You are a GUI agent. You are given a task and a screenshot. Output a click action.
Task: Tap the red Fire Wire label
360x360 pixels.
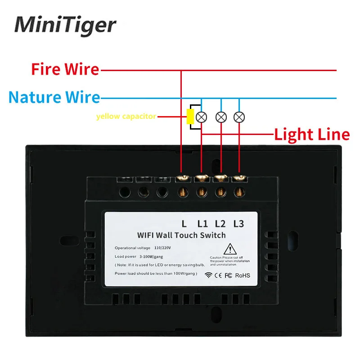[x=65, y=70]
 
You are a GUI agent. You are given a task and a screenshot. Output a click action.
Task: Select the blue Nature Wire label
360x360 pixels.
[x=54, y=97]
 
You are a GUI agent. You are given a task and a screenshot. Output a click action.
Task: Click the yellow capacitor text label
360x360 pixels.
[x=126, y=117]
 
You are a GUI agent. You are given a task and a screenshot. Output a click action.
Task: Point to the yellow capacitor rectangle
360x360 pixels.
[x=191, y=116]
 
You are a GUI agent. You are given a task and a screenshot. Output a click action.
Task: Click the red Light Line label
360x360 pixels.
[x=312, y=134]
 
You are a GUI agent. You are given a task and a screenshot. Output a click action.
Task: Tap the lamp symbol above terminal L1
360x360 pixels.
[x=202, y=117]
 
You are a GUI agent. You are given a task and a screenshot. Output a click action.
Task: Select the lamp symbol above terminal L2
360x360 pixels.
[x=220, y=117]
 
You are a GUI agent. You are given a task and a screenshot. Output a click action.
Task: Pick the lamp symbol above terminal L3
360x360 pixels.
[x=239, y=117]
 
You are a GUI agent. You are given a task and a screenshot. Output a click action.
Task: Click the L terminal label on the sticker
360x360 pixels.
[x=184, y=223]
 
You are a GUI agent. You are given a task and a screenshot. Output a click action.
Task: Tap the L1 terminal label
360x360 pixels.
[x=202, y=223]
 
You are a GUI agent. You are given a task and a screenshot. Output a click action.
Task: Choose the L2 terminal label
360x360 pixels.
[x=220, y=223]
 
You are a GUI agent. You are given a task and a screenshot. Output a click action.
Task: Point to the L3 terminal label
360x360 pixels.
[x=238, y=223]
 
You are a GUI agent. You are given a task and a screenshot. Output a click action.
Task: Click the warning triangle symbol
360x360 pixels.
[x=230, y=249]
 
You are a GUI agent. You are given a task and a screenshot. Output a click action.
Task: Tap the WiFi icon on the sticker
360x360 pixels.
[x=208, y=275]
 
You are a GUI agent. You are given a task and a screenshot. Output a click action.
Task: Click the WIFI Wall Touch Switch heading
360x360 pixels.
[x=181, y=235]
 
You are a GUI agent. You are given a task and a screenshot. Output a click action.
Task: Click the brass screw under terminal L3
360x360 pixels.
[x=238, y=191]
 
